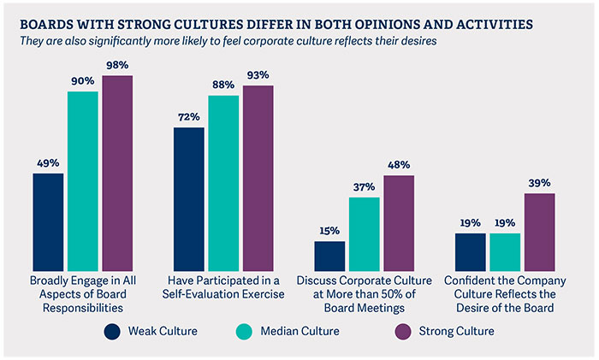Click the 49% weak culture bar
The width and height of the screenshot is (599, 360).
click(48, 221)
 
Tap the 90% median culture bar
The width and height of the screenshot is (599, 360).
click(83, 180)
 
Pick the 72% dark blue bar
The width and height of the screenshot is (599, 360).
click(189, 198)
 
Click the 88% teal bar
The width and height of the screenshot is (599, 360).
click(223, 182)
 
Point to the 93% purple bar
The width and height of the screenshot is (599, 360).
click(258, 178)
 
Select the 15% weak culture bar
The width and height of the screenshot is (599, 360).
click(329, 255)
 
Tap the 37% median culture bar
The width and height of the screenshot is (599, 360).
click(364, 233)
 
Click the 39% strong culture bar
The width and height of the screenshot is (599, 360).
click(539, 231)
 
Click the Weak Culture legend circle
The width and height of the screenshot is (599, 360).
click(112, 331)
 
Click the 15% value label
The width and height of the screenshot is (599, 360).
click(329, 231)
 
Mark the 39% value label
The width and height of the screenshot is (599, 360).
click(539, 183)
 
